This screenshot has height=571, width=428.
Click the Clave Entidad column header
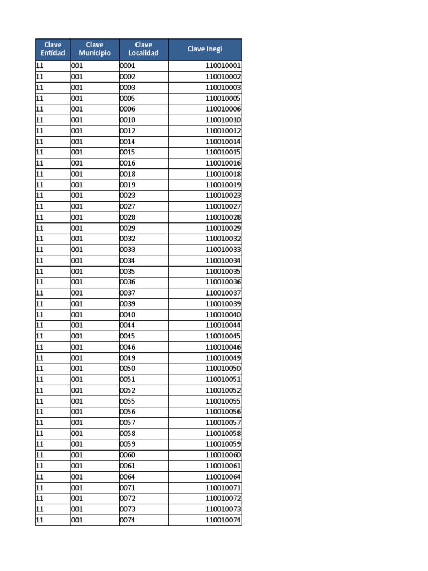[x=53, y=49]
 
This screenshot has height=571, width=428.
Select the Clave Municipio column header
[x=95, y=49]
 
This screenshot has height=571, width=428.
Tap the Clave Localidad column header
[x=143, y=49]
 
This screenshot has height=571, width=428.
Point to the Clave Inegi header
[x=205, y=49]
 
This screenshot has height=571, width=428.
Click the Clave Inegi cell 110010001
[x=223, y=66]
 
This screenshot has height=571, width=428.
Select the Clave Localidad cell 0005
[x=128, y=99]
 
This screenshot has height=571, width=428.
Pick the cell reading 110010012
[x=223, y=131]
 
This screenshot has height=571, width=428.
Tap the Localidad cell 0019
[x=128, y=185]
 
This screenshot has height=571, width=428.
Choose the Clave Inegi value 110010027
[x=223, y=206]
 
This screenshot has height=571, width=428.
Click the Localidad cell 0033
[x=128, y=250]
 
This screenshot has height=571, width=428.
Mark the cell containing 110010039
[x=223, y=304]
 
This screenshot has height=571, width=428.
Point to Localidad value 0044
[x=128, y=326]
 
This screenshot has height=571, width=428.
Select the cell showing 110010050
[x=223, y=369]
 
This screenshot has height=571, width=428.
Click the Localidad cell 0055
[x=128, y=401]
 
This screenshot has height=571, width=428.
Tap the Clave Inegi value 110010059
[x=223, y=444]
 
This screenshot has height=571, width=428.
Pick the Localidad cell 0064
[x=128, y=477]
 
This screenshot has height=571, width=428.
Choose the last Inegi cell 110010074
[x=223, y=520]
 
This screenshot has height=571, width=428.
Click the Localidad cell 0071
[x=128, y=488]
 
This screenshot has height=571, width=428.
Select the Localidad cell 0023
[x=128, y=196]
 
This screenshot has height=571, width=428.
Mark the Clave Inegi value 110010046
[x=223, y=347]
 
